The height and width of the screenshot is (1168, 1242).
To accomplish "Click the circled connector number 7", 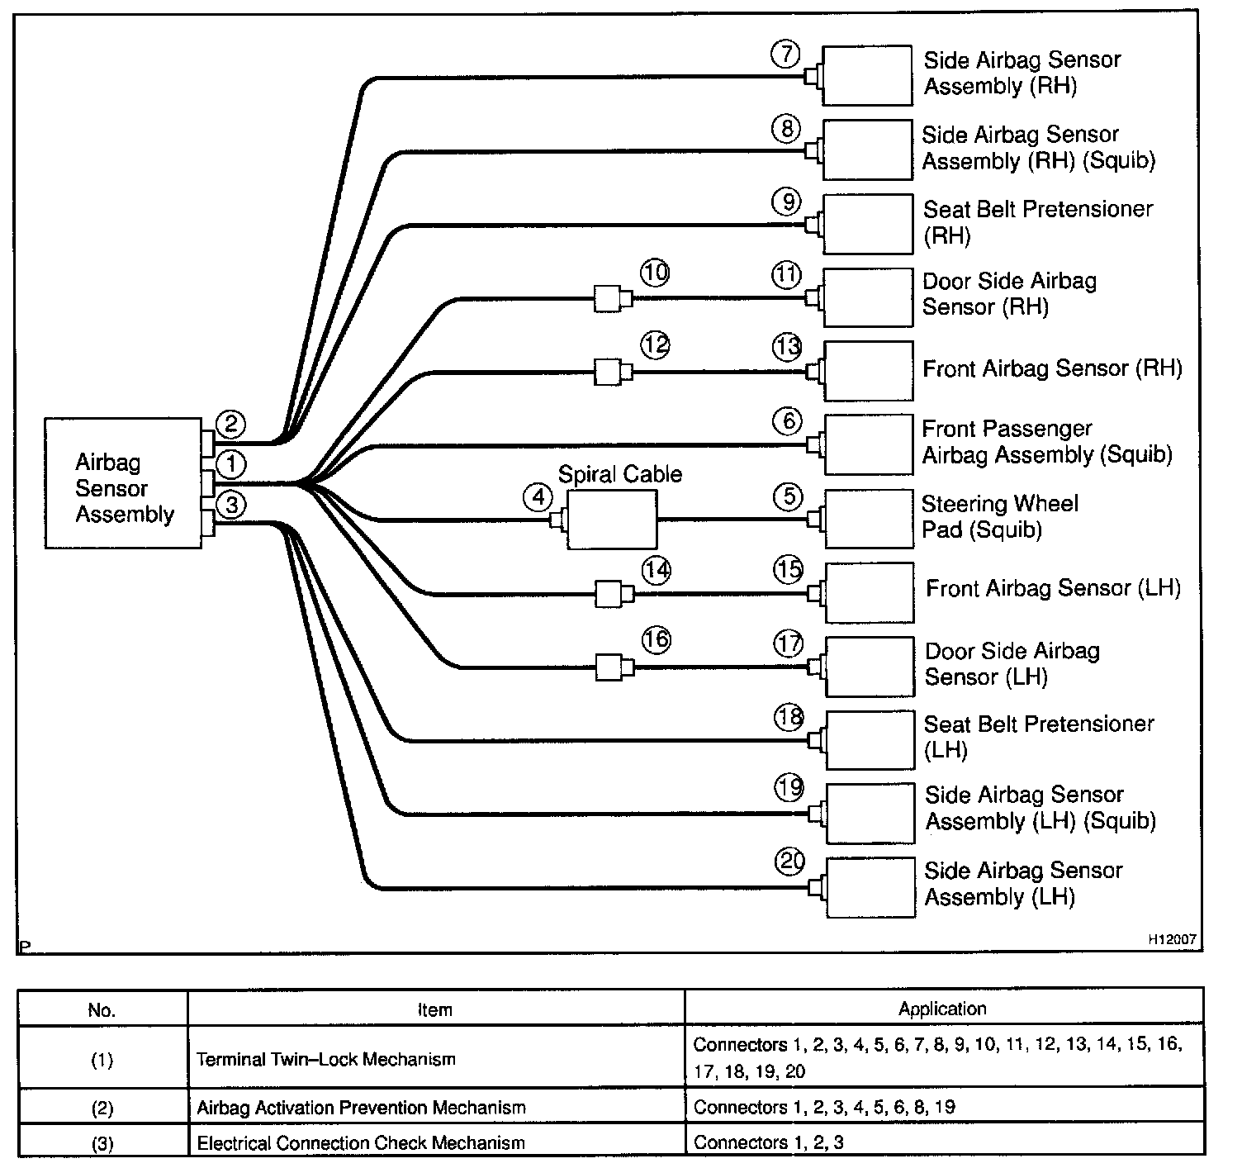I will pyautogui.click(x=786, y=55).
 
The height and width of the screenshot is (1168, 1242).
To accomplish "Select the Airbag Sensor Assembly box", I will pyautogui.click(x=123, y=483).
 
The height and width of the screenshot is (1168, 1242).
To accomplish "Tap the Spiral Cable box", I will pyautogui.click(x=612, y=520).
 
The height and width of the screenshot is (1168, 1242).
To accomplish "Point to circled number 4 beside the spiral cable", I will pyautogui.click(x=538, y=498).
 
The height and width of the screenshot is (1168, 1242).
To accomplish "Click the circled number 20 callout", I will pyautogui.click(x=790, y=862).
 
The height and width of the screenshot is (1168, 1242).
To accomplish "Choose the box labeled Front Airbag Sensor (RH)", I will pyautogui.click(x=869, y=371).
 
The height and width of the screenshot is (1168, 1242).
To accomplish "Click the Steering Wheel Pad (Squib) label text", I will pyautogui.click(x=999, y=516).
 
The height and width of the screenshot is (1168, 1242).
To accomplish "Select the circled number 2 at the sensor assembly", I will pyautogui.click(x=231, y=425).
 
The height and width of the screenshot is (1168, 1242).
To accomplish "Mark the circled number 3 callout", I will pyautogui.click(x=231, y=504).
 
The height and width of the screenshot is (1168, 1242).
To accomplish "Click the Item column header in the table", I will pyautogui.click(x=435, y=1009).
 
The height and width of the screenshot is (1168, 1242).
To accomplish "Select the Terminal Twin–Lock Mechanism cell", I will pyautogui.click(x=326, y=1059).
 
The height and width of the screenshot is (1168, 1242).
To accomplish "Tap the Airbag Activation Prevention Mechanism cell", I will pyautogui.click(x=361, y=1108).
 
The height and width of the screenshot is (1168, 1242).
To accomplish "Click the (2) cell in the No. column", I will pyautogui.click(x=102, y=1108).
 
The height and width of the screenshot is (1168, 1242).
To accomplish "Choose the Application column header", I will pyautogui.click(x=942, y=1009).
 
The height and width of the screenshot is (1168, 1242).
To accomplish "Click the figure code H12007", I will pyautogui.click(x=1170, y=940).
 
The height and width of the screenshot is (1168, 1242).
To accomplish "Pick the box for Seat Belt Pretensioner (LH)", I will pyautogui.click(x=870, y=740).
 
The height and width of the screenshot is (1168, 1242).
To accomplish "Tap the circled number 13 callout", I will pyautogui.click(x=787, y=347).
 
